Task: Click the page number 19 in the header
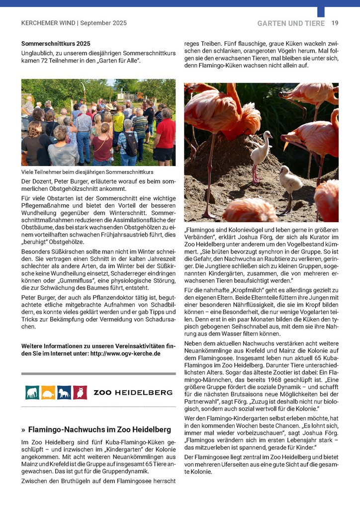pos(335,23)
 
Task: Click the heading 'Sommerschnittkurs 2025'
pos(56,44)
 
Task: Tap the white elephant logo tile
pos(32,392)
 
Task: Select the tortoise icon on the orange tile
pos(48,392)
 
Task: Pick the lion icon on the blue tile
pos(64,392)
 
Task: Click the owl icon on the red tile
pos(80,392)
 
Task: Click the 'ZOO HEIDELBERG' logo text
pos(133,393)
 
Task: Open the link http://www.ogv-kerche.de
pos(128,353)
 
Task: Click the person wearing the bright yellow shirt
pos(118,122)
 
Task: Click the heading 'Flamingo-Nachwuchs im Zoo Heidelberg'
pos(99,429)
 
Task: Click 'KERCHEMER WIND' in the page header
pos(48,23)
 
